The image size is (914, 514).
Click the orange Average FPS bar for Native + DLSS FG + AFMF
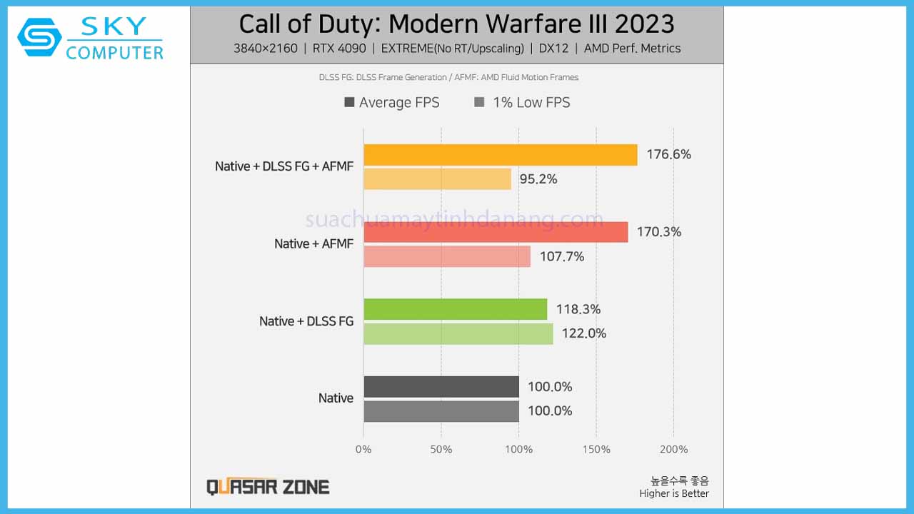pos(500,155)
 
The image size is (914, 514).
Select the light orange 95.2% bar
pos(437,179)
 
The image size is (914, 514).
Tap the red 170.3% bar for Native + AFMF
pos(496,232)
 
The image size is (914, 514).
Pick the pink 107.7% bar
pos(447,256)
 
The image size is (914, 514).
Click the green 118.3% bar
pos(455,309)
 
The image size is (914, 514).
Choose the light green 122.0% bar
pos(458,333)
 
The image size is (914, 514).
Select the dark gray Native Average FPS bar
pos(441,387)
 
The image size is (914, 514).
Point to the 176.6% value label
pos(668,154)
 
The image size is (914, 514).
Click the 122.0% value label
pos(583,333)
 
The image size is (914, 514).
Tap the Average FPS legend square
pos(349,102)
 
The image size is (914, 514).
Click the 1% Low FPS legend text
pos(531,102)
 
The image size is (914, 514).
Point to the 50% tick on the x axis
pos(441,449)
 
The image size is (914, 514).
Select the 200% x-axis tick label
pos(673,449)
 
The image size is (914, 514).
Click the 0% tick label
pos(363,449)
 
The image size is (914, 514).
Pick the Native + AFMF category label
pos(313,244)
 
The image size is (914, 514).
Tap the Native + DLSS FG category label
pos(306,321)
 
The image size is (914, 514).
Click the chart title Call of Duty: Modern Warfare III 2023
pos(456,24)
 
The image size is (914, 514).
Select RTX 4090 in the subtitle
pos(339,49)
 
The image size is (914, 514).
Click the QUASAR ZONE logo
pos(268,487)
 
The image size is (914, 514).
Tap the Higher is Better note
pos(674,493)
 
